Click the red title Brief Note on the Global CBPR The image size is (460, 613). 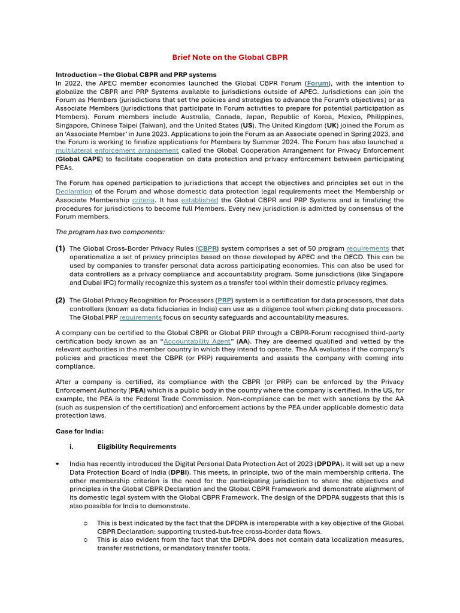point(230,57)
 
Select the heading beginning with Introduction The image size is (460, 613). point(136,75)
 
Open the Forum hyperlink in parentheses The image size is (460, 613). point(318,83)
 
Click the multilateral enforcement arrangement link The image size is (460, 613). point(117,151)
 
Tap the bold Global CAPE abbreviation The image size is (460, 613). point(80,159)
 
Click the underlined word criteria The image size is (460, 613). point(143,200)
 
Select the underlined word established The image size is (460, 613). point(199,200)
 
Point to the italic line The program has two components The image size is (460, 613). point(110,232)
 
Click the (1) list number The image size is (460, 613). point(60,248)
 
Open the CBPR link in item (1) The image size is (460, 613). point(208,248)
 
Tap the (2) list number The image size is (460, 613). point(60,301)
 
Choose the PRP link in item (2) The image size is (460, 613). point(225,301)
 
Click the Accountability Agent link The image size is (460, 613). point(197,341)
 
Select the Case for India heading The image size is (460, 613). point(80,431)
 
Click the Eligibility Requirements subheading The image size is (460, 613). point(137,447)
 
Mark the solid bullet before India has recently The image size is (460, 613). point(57,464)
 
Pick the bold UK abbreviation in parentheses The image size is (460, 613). point(331,126)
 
